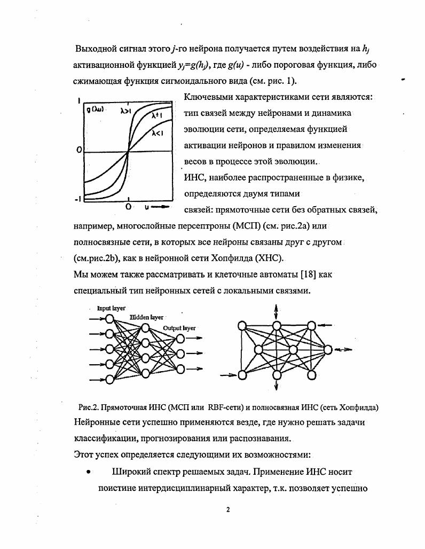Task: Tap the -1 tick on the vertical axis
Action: [77, 199]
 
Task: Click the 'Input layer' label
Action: [111, 309]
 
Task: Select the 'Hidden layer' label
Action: [147, 317]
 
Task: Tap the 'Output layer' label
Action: [179, 328]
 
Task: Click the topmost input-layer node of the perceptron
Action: [109, 319]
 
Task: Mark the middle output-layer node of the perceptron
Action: [181, 354]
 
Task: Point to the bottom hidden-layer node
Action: [145, 373]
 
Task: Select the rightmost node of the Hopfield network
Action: [327, 350]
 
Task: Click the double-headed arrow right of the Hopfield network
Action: [343, 350]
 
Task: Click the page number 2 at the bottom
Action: [228, 509]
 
